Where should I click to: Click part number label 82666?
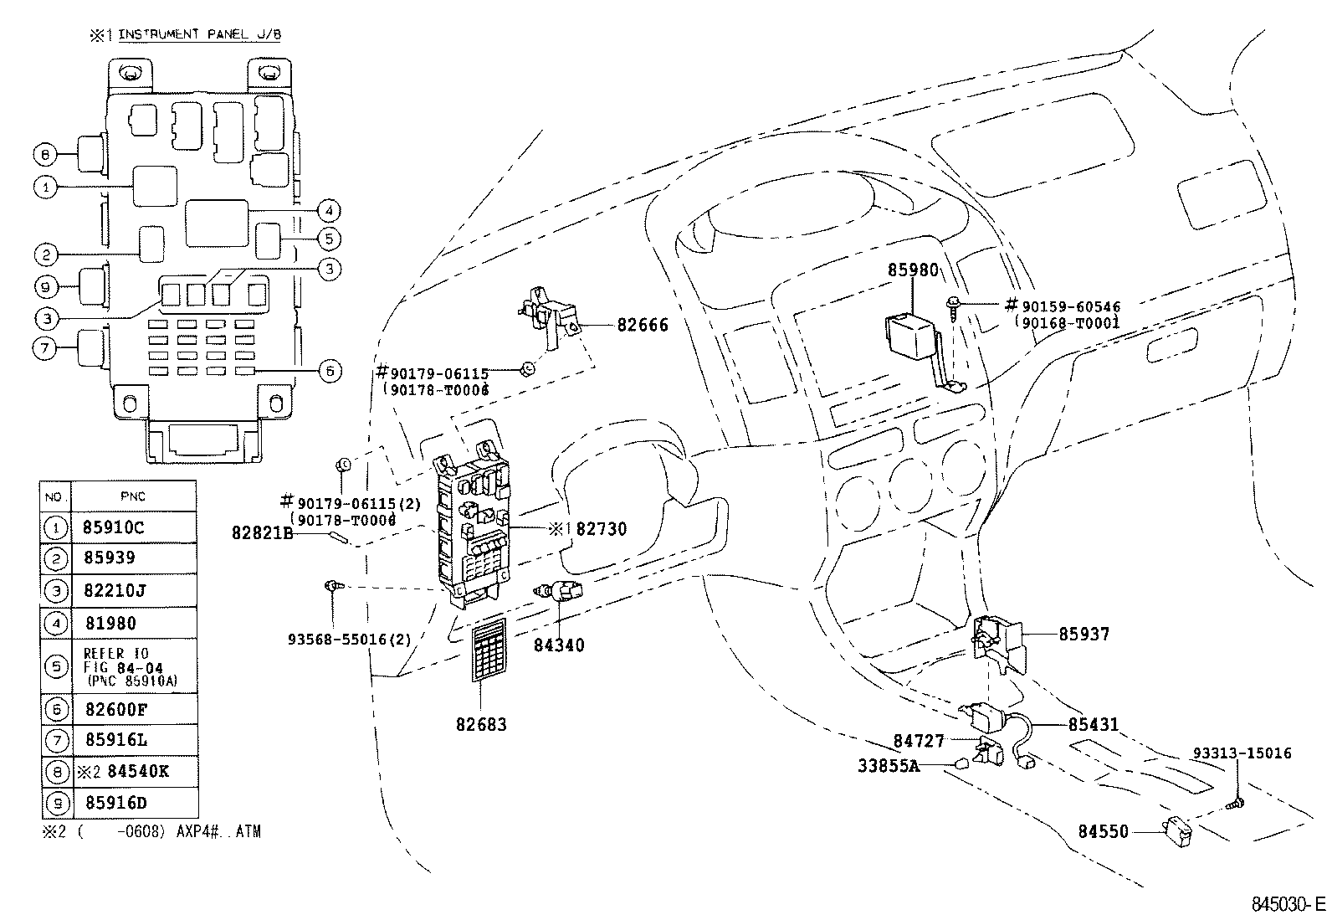pos(643,325)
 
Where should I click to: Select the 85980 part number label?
pos(913,271)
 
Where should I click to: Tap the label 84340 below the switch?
pos(560,645)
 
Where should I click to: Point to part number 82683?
pos(481,724)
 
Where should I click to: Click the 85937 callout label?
pos(1084,635)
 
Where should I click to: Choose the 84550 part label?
pos(1103,832)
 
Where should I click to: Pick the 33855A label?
pos(889,765)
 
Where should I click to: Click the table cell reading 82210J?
pos(115,591)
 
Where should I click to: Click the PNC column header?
pos(133,496)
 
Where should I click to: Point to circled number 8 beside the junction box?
pos(45,154)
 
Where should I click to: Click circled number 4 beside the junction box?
pos(330,210)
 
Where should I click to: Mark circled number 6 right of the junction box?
pos(330,371)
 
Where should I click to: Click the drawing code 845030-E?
pos(1288,905)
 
